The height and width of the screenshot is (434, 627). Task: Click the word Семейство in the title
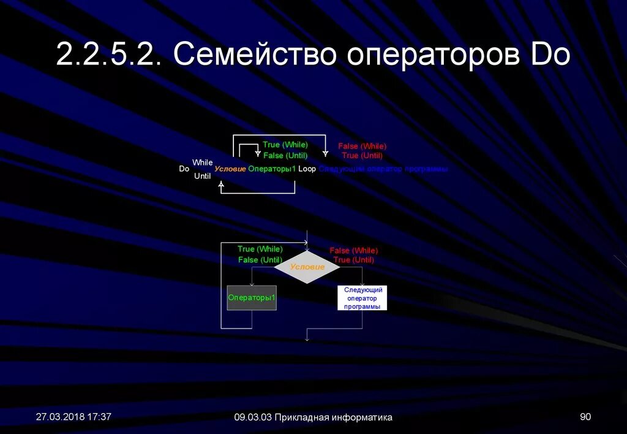point(255,55)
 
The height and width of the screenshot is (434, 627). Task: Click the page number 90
point(585,417)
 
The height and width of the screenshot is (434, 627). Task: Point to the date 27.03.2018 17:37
point(73,417)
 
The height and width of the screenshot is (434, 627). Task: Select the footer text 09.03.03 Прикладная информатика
point(313,417)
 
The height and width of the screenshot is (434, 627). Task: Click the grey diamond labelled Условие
point(307,267)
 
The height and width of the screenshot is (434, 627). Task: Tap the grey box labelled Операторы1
point(252,298)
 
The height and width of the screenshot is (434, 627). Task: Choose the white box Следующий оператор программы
point(362,298)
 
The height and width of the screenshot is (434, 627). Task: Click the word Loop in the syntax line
point(307,169)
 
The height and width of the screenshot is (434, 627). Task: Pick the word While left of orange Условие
point(203,162)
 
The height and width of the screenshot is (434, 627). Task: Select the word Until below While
point(202,176)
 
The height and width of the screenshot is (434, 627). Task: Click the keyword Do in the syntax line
point(184,169)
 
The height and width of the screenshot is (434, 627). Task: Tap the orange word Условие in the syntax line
point(230,169)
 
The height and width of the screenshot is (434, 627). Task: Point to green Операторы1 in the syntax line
point(272,169)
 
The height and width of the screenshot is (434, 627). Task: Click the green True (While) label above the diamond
point(260,249)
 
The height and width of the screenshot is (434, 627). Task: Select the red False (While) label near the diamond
point(354,251)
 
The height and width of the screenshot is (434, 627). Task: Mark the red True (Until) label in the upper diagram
point(362,156)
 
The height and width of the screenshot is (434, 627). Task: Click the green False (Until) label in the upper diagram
point(285,156)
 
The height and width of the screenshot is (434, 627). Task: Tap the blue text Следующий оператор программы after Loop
point(383,169)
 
